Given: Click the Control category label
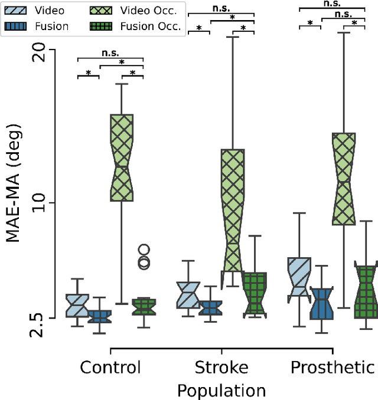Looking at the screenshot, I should pos(110,368).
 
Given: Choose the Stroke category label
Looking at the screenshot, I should pos(221,368).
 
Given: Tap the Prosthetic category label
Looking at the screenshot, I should pos(332,368).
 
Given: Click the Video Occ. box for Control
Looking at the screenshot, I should pos(122,158).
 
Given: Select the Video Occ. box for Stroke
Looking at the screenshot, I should pos(232,211).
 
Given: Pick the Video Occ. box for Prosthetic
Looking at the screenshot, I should pos(343,179).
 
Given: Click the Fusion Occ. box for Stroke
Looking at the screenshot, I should pos(255,295).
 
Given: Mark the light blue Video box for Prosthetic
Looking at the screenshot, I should pos(299,277).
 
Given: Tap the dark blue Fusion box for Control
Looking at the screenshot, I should pos(99,316).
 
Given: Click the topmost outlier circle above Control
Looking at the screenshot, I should pos(144,250).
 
